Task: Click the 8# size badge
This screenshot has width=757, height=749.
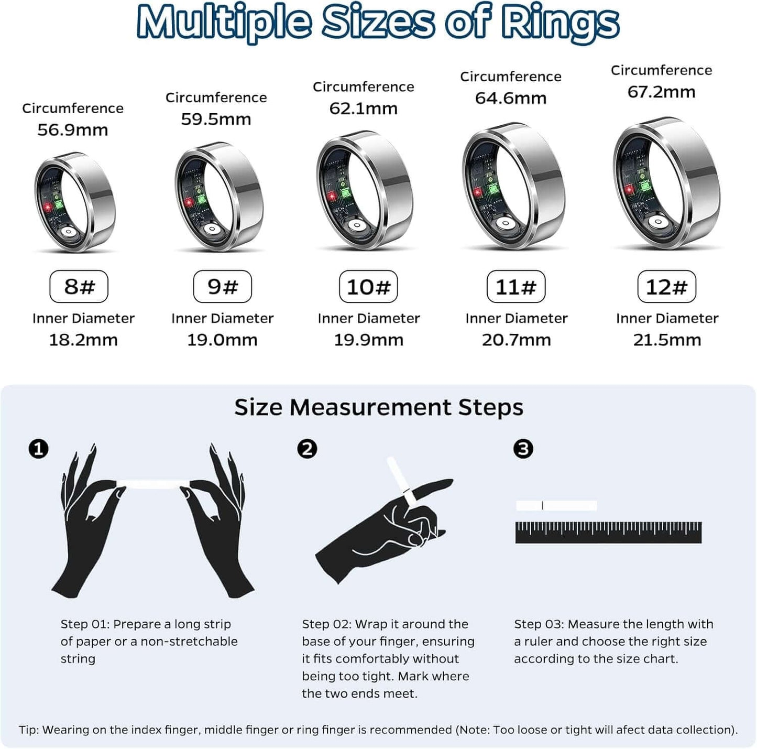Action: tap(79, 287)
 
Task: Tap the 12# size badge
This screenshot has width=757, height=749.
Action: tap(666, 287)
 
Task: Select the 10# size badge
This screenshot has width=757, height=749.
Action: tap(368, 287)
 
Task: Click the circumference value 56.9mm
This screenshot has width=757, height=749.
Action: tap(72, 130)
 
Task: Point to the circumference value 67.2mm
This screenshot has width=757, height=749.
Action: tap(661, 92)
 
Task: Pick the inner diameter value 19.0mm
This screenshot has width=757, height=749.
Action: tap(222, 340)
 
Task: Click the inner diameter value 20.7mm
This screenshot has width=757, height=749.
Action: tap(516, 340)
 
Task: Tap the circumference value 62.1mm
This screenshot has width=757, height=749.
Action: tap(363, 108)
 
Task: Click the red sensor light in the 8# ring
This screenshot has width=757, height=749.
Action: tap(47, 208)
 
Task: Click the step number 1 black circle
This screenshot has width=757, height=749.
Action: tap(38, 449)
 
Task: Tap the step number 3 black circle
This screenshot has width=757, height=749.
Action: tap(523, 449)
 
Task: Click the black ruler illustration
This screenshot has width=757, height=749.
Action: tap(608, 532)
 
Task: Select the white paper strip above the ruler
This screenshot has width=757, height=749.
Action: tap(556, 506)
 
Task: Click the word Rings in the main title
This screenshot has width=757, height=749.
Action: tap(559, 23)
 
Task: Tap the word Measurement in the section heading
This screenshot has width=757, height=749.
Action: tap(370, 407)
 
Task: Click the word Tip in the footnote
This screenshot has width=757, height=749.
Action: tap(28, 730)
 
